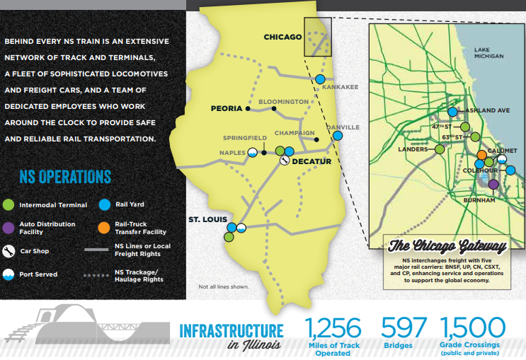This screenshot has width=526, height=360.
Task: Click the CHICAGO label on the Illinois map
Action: (282, 37)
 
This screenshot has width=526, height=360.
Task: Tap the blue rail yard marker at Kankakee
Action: (321, 79)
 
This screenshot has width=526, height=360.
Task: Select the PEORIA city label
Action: (227, 109)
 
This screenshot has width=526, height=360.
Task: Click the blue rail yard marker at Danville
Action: (338, 135)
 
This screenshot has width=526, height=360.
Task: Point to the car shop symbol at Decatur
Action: (284, 161)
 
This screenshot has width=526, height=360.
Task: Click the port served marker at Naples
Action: (251, 152)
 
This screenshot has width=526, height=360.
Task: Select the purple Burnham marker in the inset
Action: (493, 185)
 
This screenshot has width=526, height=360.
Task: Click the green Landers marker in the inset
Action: (440, 149)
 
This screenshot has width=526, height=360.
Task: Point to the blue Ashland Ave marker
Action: (453, 111)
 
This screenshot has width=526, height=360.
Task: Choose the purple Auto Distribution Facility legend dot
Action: (9, 226)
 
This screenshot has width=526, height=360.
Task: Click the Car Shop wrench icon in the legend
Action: (9, 250)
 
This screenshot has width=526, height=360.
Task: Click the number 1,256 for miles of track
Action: (333, 328)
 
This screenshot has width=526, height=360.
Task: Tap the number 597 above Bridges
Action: (404, 328)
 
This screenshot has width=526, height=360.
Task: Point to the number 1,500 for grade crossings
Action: (472, 328)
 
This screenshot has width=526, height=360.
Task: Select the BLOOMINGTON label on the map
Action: (283, 102)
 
